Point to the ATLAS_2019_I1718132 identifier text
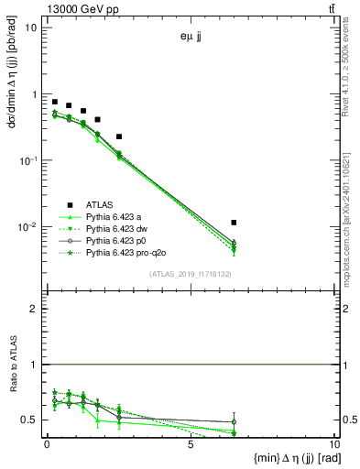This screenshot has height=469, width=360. (189, 273)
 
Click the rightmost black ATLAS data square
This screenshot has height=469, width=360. (235, 223)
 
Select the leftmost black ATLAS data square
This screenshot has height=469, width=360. (55, 102)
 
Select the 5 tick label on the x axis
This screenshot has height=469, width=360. (191, 446)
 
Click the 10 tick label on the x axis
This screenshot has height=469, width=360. (333, 446)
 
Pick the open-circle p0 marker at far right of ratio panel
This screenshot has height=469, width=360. (235, 421)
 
